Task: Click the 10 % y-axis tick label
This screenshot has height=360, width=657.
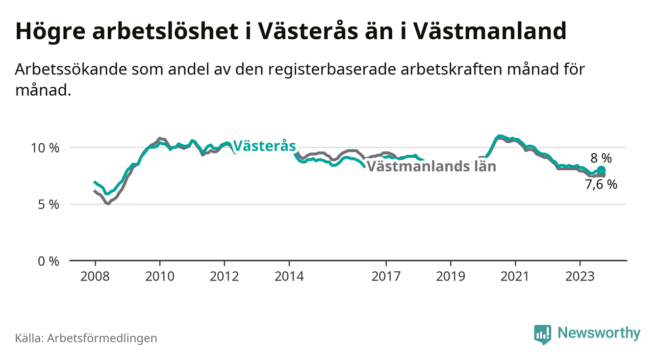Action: [x=45, y=148]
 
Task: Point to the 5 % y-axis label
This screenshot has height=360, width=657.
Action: [x=49, y=205]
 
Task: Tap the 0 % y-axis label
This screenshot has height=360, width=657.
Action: [x=49, y=261]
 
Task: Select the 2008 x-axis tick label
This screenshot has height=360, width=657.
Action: [x=95, y=277]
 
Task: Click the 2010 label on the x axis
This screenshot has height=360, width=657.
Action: [x=160, y=277]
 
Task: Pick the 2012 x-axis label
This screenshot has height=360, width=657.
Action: [x=225, y=277]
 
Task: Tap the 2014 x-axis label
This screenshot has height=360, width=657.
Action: [x=289, y=277]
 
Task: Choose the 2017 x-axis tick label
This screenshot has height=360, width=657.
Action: [x=386, y=277]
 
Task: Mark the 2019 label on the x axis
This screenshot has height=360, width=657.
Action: [x=451, y=277]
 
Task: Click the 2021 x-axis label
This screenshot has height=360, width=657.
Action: [x=515, y=277]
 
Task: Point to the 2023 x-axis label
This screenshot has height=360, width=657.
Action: [x=580, y=277]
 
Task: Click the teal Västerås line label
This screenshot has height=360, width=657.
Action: [x=264, y=146]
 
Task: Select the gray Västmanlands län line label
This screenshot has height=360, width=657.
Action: [x=431, y=166]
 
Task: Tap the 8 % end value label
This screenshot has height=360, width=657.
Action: [x=601, y=158]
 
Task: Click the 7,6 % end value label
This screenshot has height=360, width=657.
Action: [x=601, y=184]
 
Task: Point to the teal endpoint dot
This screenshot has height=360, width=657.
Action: [x=601, y=170]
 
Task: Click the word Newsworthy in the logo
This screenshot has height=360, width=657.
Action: [x=599, y=333]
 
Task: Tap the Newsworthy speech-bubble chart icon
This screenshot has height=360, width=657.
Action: [x=543, y=334]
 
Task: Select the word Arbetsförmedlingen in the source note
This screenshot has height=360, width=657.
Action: [x=102, y=338]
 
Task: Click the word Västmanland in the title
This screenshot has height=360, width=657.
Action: [x=490, y=31]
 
